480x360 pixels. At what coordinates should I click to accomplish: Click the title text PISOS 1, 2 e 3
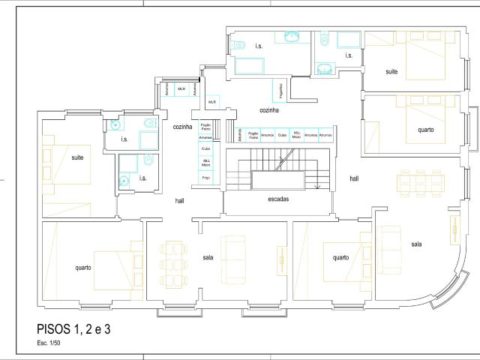click(x=73, y=328)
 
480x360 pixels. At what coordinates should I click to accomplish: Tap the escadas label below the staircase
click(x=278, y=199)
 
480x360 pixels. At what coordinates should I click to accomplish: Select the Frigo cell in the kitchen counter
click(x=206, y=178)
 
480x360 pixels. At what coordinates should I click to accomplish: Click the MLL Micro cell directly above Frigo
click(x=206, y=162)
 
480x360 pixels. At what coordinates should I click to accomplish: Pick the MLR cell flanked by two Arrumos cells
click(x=181, y=89)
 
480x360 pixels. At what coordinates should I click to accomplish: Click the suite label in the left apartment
click(x=77, y=157)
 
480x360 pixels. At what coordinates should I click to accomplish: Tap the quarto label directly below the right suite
click(x=425, y=129)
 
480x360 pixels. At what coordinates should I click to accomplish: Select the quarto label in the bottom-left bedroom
click(x=83, y=267)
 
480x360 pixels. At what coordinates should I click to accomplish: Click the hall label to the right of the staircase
click(x=354, y=178)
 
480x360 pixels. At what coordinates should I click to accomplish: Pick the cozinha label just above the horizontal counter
click(x=269, y=110)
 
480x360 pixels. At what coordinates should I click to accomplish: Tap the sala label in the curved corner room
click(x=416, y=244)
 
